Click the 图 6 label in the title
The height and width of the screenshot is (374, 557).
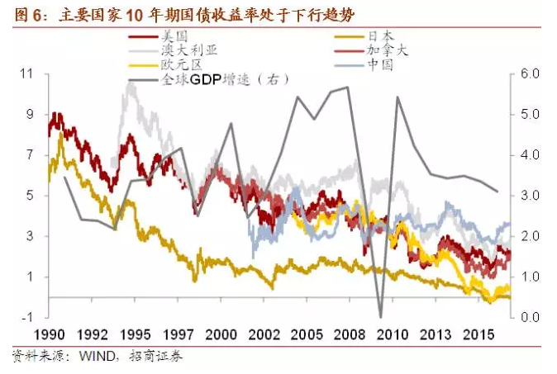[24, 12]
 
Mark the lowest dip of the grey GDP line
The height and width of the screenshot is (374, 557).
[380, 315]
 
